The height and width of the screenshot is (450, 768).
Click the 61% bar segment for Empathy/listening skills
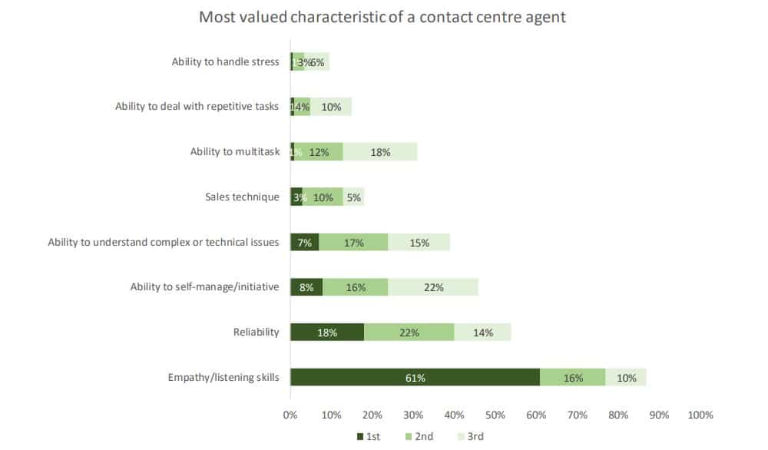click(415, 378)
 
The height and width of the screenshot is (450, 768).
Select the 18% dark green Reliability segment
click(327, 333)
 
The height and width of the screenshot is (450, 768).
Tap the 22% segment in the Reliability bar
click(409, 333)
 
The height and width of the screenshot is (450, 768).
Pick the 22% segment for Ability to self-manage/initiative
click(433, 287)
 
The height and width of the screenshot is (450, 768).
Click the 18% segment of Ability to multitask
click(380, 152)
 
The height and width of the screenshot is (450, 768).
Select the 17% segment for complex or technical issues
click(353, 243)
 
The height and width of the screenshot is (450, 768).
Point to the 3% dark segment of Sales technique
click(296, 197)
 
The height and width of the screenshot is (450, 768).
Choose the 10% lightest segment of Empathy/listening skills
click(626, 378)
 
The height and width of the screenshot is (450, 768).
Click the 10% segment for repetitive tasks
click(331, 107)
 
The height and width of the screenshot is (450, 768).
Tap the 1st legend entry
click(368, 436)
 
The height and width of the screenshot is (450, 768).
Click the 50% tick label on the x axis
click(495, 415)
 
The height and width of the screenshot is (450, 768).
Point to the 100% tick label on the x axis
click(700, 415)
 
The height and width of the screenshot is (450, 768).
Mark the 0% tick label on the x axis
click(290, 415)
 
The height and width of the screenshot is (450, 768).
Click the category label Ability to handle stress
click(225, 61)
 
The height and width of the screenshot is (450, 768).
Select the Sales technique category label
click(242, 197)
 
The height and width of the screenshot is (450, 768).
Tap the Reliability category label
click(256, 333)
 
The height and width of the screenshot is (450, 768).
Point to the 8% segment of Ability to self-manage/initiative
click(306, 287)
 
